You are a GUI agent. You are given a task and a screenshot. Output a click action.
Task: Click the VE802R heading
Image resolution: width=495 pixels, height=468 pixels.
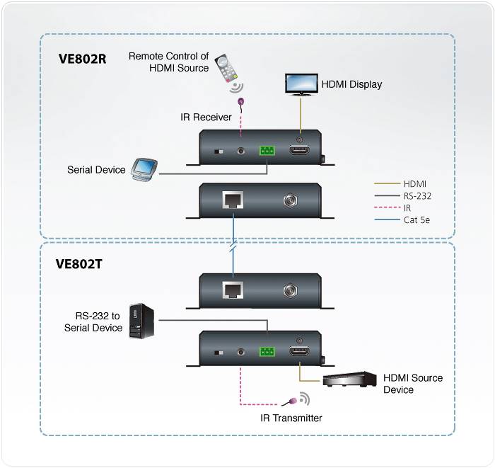[x=82, y=59]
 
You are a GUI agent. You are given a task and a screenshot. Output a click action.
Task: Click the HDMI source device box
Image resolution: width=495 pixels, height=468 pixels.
[x=348, y=379]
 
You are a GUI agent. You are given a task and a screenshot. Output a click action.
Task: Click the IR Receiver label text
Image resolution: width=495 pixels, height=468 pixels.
[x=206, y=117]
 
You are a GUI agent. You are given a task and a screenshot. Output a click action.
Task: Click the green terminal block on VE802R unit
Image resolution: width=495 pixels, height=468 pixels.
[x=267, y=151]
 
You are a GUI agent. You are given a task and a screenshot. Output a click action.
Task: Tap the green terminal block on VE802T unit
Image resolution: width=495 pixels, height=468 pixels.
[x=267, y=352]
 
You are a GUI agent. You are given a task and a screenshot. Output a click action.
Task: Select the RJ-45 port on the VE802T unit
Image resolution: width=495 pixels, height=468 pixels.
[x=233, y=290]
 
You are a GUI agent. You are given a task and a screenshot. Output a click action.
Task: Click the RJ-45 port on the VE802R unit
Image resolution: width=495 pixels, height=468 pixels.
[x=233, y=201]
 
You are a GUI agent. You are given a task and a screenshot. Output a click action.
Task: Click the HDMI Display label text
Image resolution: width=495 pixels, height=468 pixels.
[x=351, y=84]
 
